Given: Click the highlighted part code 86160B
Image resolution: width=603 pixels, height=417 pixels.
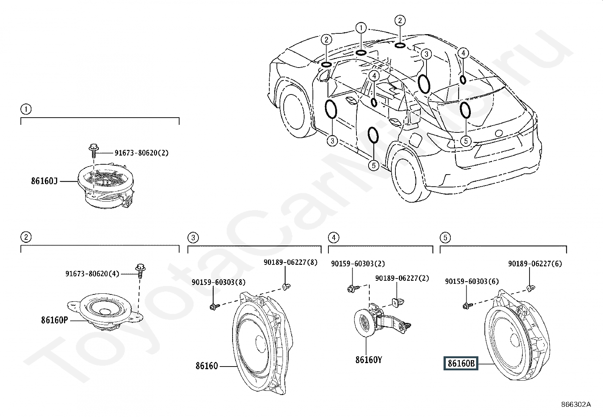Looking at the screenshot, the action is point(461,363).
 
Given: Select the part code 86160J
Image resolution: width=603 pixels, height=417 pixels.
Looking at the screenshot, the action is point(44,181).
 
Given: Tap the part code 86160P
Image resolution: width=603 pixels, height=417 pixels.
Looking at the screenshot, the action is point(55,320).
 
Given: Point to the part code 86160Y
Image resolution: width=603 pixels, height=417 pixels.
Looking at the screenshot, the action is point(369,360).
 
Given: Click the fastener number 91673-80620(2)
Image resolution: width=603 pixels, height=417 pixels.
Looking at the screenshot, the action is point(142,153).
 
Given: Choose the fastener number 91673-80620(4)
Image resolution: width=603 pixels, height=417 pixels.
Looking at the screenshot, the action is point(92,274).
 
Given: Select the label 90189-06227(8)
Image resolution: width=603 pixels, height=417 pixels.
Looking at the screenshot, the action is point(291,262).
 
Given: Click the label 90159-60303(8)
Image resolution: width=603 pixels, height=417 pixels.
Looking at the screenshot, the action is point(219,282).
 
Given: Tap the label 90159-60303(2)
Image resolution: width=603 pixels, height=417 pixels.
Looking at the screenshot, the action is point(358,264).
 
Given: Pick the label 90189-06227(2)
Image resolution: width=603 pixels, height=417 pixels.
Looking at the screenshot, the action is point(402,278).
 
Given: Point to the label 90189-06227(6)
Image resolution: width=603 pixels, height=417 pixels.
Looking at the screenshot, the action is point(535,264).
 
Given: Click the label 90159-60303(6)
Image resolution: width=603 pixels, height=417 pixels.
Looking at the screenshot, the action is point(472,281).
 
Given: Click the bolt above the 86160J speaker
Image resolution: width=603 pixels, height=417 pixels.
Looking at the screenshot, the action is point(94,151).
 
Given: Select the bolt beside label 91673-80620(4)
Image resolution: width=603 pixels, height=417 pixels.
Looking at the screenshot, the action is point(140,271).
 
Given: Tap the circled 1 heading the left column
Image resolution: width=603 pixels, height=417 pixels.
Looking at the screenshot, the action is point(26,109).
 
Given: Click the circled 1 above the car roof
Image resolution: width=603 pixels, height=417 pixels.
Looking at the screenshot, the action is point(361,28).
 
